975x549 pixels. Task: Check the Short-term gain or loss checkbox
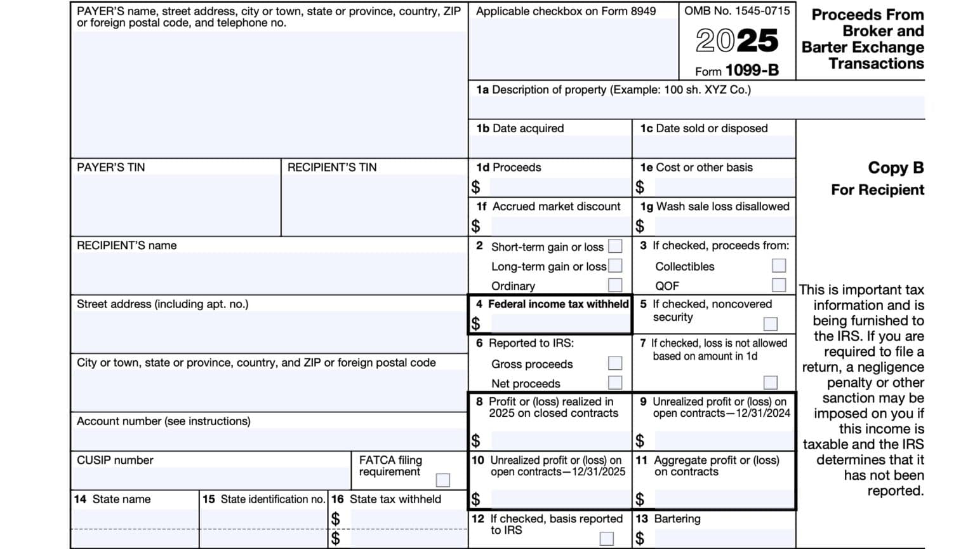615,246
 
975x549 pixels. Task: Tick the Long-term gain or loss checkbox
615,266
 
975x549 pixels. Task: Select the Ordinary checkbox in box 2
615,285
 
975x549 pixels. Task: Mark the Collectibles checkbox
778,266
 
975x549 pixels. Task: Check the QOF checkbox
778,285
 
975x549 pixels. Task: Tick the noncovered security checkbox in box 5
770,324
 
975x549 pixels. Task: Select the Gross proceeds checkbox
615,363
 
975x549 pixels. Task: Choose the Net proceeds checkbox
615,383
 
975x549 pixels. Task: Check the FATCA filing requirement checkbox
442,480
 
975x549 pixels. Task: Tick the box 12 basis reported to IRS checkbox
607,538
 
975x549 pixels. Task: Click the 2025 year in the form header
736,41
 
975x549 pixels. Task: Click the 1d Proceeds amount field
559,187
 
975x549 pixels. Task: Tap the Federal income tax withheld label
558,304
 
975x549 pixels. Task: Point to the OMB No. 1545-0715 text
737,11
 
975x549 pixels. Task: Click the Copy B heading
896,168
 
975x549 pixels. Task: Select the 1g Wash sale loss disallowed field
724,226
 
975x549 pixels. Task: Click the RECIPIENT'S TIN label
332,167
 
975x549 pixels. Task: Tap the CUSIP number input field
211,478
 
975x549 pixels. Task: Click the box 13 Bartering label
677,518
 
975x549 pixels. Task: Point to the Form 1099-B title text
736,71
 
